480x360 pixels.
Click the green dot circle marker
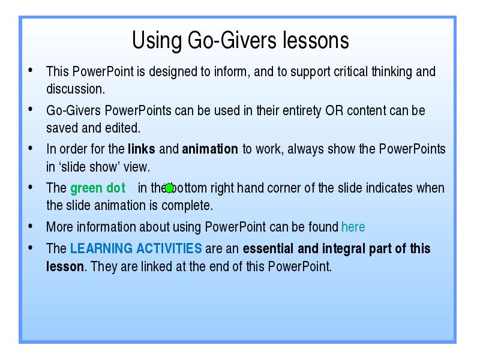[169, 188]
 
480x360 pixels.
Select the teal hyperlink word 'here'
[353, 227]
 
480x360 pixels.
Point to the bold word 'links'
[142, 149]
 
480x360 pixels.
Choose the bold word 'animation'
[210, 149]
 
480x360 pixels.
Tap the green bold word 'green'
[86, 188]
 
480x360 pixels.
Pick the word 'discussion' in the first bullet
[76, 89]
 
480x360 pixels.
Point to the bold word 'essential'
[268, 248]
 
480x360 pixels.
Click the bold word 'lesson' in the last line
[65, 266]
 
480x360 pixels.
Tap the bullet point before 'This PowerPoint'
[31, 70]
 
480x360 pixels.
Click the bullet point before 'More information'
[31, 226]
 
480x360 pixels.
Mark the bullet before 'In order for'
[31, 148]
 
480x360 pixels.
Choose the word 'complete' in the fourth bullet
[187, 206]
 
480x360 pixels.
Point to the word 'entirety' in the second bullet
[302, 111]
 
